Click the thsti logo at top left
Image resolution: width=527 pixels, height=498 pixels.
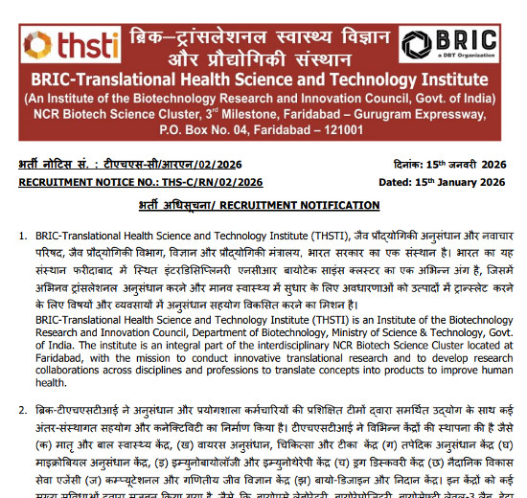click(x=62, y=45)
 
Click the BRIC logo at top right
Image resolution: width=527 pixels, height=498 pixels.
click(x=449, y=44)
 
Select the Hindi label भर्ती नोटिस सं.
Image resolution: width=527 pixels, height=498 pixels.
click(x=57, y=164)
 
